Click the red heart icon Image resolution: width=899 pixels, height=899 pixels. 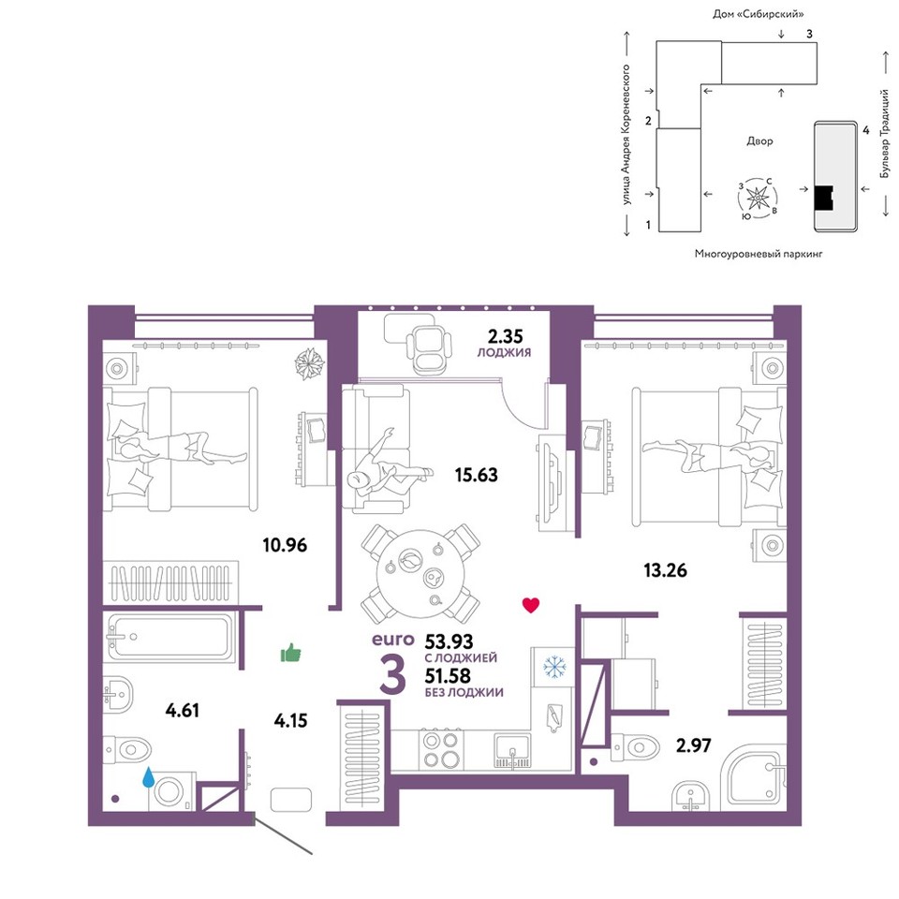(x=531, y=605)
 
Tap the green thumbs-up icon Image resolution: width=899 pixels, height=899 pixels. (x=290, y=653)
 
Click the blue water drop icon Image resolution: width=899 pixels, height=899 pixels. (x=149, y=777)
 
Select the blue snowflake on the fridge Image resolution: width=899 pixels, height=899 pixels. (x=554, y=667)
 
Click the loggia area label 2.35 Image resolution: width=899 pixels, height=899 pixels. (x=505, y=335)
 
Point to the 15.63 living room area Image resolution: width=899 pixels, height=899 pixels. (x=476, y=475)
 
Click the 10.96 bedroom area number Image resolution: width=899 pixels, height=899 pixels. (x=285, y=544)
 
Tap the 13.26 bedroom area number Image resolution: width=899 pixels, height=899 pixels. (x=665, y=570)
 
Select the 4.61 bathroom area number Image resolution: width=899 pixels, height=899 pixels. (x=183, y=711)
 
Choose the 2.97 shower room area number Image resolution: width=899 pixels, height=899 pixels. (x=694, y=745)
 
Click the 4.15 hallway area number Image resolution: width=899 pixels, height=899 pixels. (x=290, y=720)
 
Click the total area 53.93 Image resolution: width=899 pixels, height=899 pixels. (x=449, y=641)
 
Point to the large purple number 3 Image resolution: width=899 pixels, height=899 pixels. (x=393, y=674)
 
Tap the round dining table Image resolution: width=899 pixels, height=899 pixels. (x=420, y=574)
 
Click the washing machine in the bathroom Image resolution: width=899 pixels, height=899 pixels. (x=171, y=792)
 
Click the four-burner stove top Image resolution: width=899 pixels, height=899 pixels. (x=442, y=750)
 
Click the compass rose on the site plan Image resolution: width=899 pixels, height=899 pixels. (x=758, y=199)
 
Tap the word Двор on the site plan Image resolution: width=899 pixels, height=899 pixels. (x=759, y=141)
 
